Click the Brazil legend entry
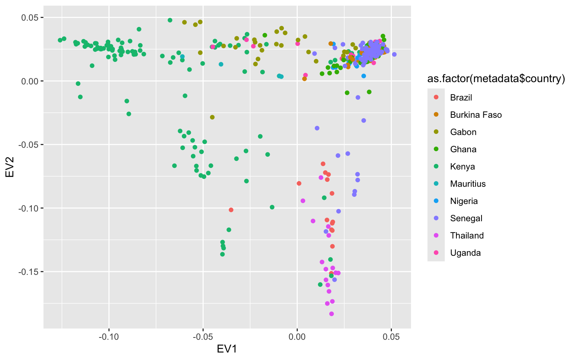click(461, 97)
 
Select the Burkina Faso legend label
click(476, 115)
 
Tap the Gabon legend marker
click(436, 132)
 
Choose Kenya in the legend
click(462, 166)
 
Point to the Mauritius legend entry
click(468, 184)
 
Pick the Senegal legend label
click(466, 218)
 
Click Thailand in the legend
click(467, 235)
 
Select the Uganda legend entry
click(465, 253)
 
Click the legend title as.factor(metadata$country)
click(496, 79)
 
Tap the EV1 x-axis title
click(227, 349)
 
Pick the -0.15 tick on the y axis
click(29, 271)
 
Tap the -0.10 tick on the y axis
click(29, 208)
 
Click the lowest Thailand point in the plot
click(331, 314)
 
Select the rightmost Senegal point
click(394, 54)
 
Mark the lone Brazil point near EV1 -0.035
click(231, 210)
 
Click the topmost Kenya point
click(170, 20)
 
